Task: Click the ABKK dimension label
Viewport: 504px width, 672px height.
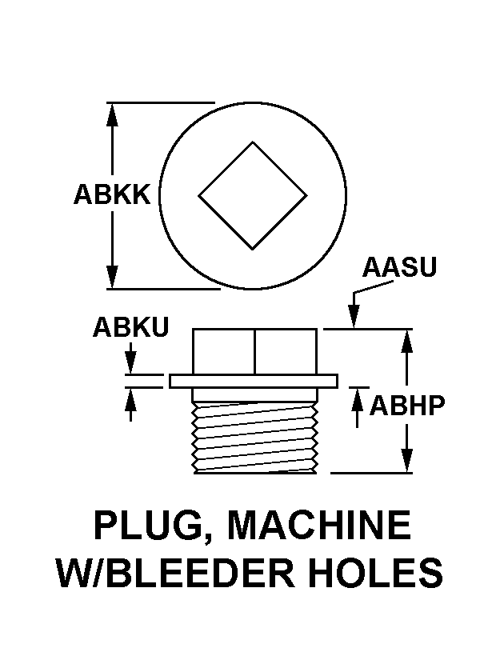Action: click(x=111, y=194)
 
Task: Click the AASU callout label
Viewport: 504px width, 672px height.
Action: click(x=399, y=266)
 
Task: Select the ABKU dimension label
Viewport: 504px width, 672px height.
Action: click(x=130, y=327)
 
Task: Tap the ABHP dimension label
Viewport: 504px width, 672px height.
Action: click(x=406, y=406)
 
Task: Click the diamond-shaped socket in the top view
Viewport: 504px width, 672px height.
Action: click(x=253, y=195)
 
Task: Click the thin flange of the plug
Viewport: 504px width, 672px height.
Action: click(x=254, y=381)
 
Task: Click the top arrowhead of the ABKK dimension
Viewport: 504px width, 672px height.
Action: click(x=113, y=113)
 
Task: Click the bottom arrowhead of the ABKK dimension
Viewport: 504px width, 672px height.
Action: click(x=113, y=278)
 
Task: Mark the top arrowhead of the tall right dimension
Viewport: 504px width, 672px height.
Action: click(x=407, y=340)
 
